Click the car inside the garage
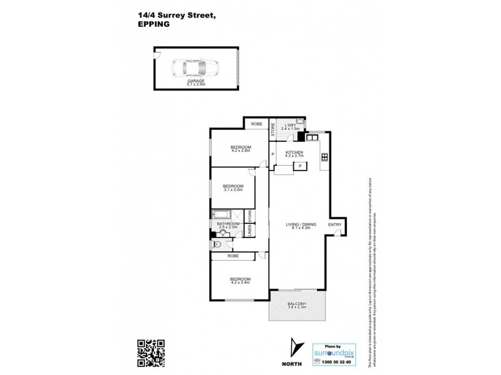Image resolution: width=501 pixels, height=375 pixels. [x=194, y=67]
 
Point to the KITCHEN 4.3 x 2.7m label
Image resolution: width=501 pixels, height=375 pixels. [x=294, y=154]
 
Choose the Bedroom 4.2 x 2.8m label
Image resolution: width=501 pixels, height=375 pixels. [x=240, y=149]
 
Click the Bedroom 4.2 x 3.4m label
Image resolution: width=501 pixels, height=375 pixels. [x=240, y=281]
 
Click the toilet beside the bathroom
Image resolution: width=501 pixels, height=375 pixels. [x=217, y=244]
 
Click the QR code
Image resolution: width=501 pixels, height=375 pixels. [x=151, y=353]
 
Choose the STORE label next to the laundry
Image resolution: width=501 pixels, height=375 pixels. [x=272, y=129]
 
